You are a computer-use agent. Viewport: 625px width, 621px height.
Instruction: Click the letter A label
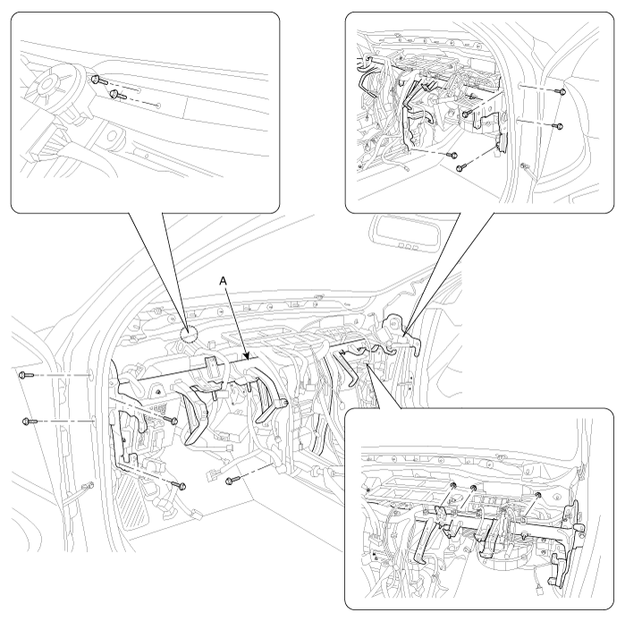pos(224,281)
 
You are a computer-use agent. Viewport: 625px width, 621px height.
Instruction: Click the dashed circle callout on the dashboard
pos(189,335)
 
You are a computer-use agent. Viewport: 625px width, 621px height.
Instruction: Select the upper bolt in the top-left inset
pos(99,80)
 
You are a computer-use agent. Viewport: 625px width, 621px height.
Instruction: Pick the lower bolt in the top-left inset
pos(118,95)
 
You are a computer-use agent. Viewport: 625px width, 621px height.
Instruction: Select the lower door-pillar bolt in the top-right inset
pos(559,126)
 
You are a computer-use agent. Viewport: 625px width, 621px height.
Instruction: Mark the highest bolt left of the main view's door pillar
pos(26,375)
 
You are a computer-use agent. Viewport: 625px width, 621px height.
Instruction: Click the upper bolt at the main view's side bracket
pos(172,420)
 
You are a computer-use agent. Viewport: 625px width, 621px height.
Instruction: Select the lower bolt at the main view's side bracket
pos(180,485)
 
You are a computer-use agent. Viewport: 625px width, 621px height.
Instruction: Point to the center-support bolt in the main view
pos(232,481)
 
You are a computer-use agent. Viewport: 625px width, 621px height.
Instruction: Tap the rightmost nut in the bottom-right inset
pos(537,496)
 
